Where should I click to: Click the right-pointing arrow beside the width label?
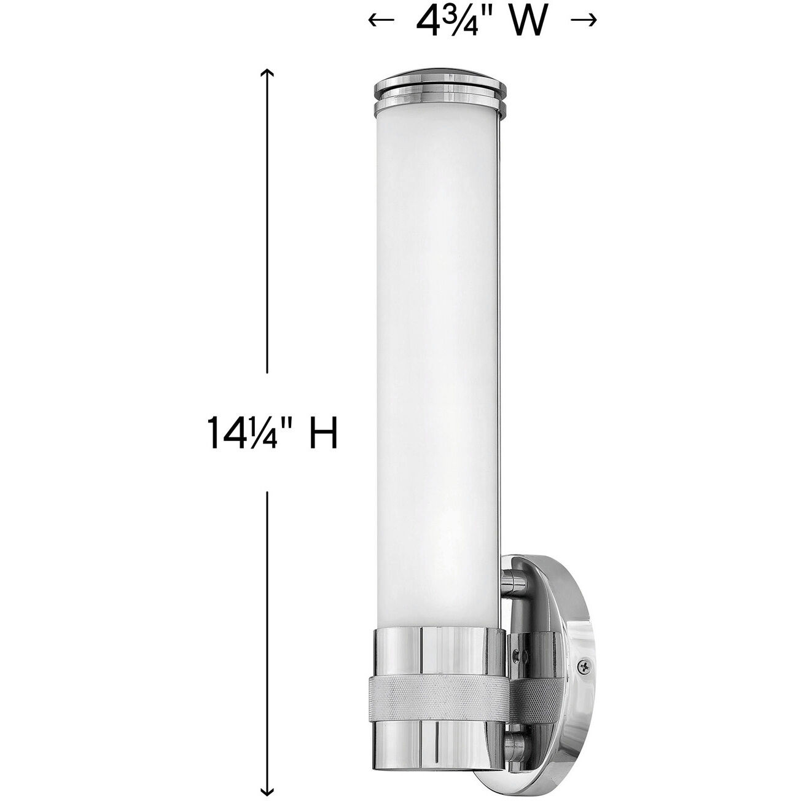pos(584,20)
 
